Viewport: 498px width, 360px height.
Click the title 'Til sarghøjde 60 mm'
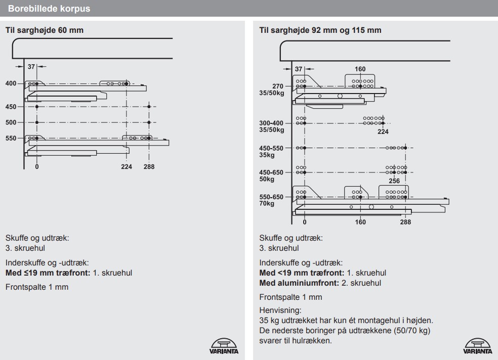tap(44, 30)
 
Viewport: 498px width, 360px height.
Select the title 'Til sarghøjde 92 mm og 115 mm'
tap(320, 30)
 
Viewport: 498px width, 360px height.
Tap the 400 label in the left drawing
tap(11, 83)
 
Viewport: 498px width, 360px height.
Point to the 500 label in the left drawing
tap(11, 122)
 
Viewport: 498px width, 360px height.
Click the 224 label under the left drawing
tap(127, 166)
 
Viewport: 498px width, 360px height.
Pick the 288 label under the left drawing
tap(149, 166)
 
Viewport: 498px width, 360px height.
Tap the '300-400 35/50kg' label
tap(272, 126)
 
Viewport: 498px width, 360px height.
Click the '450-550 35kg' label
tap(272, 151)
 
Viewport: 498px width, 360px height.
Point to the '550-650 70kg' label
tap(272, 200)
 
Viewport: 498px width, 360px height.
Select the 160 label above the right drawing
tap(360, 69)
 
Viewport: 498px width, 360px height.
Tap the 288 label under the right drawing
tap(405, 221)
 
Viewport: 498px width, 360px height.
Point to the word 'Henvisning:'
tap(277, 311)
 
